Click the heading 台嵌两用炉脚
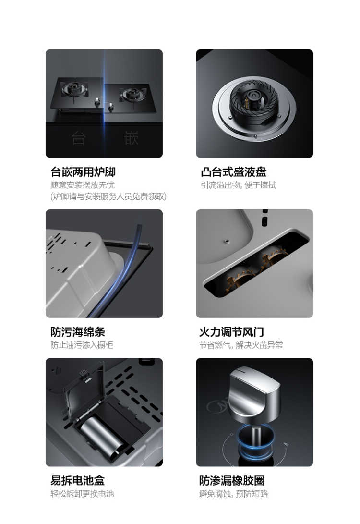point(83,172)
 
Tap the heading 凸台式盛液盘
point(233,172)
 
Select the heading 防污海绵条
point(78,331)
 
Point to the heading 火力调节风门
point(231,331)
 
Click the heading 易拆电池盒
point(77,480)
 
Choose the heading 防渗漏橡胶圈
point(232,480)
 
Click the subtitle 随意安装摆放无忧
point(83,185)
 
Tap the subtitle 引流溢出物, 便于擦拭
point(239,185)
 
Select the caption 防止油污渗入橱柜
point(82,345)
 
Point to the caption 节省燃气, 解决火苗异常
point(241,345)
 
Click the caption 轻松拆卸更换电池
point(82,494)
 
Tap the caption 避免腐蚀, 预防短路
point(233,494)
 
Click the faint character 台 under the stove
point(78,138)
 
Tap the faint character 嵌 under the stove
point(131,138)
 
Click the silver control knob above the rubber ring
point(255,394)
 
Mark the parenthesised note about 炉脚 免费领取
point(108,196)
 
